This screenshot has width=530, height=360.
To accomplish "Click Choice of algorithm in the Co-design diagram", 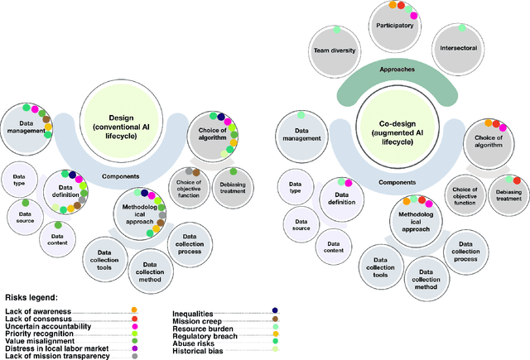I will [x=488, y=140].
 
